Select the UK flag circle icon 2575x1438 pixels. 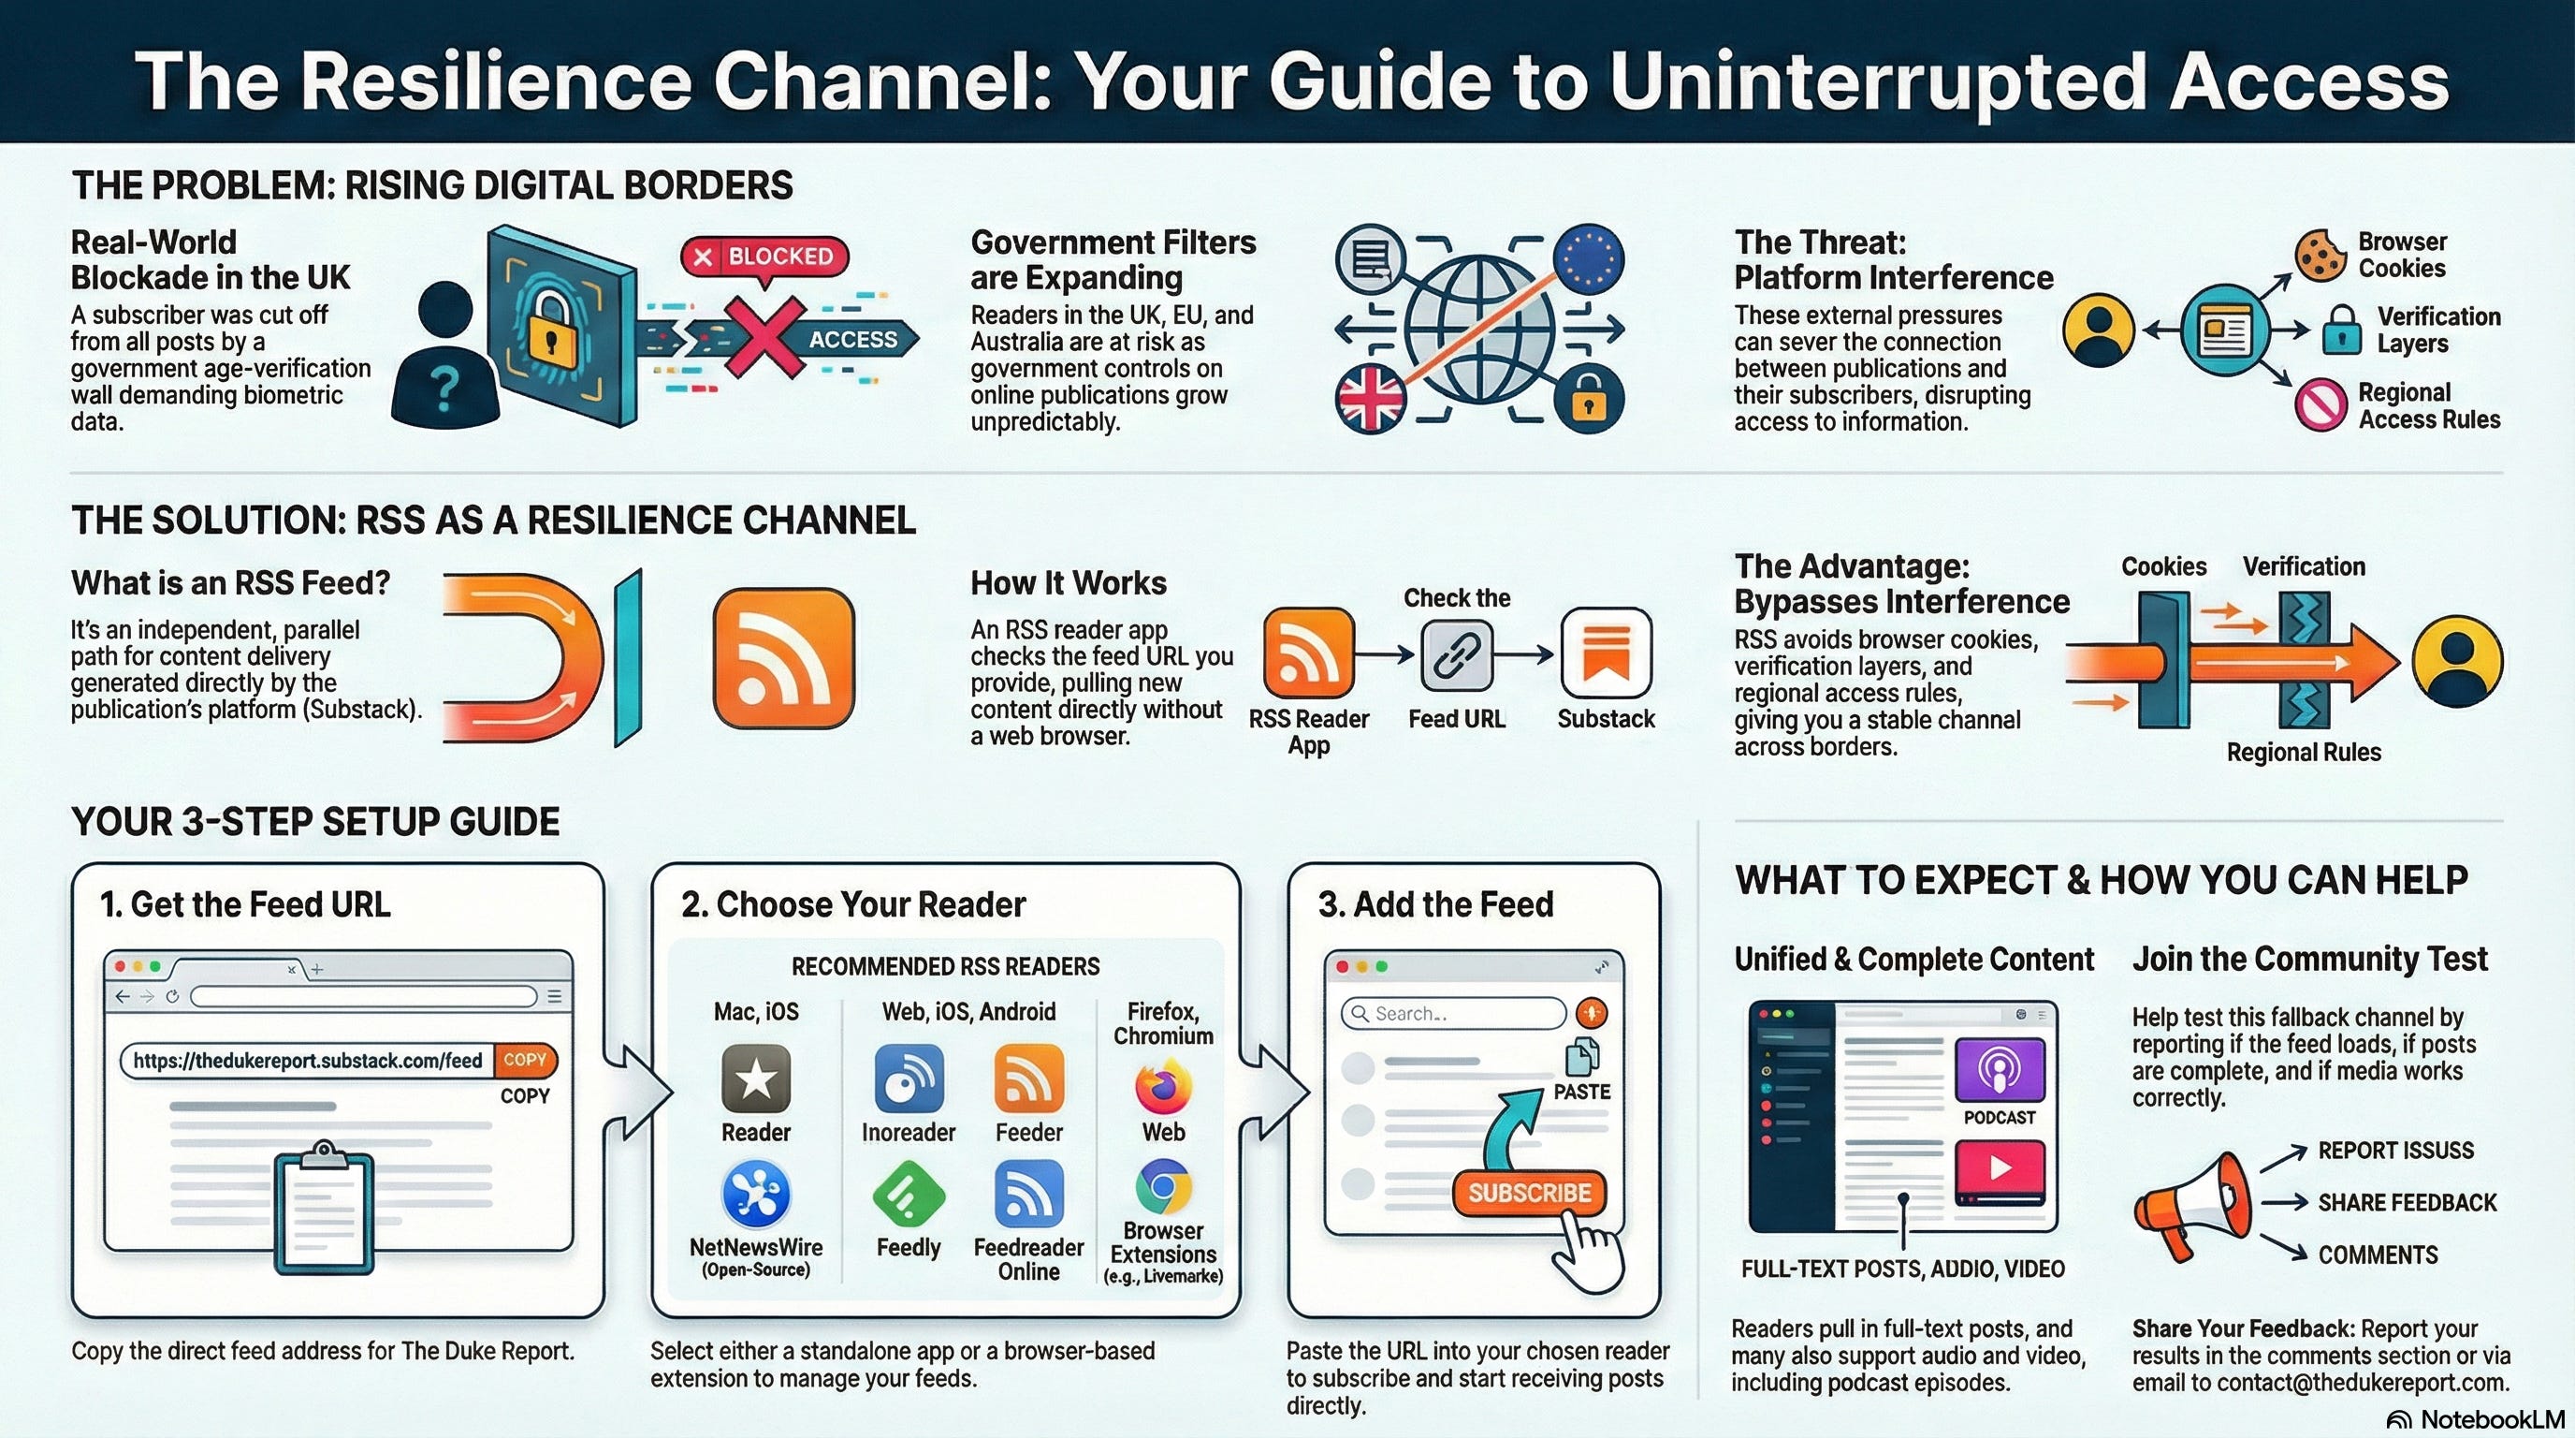tap(1371, 397)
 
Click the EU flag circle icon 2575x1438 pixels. tap(1589, 259)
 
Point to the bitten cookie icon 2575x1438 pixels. tap(2320, 255)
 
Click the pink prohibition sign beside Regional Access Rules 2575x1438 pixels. tap(2320, 404)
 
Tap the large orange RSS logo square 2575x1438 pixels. tap(784, 657)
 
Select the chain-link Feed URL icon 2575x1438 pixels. tap(1457, 656)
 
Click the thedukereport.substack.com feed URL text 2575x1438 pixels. tap(307, 1060)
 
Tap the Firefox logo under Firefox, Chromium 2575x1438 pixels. tap(1162, 1087)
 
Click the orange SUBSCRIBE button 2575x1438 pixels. tap(1528, 1193)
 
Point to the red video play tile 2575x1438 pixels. tap(2000, 1168)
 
